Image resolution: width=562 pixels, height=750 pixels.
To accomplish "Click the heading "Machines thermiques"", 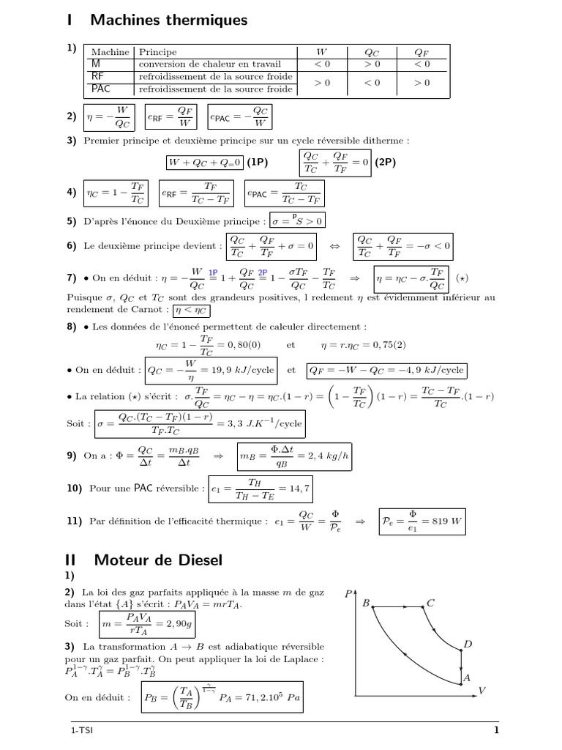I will (169, 21).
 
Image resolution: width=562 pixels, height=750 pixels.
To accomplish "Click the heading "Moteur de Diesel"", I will (156, 560).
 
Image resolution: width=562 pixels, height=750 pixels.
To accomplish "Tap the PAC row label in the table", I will (101, 89).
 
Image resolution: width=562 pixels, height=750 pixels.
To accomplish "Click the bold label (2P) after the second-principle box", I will (385, 162).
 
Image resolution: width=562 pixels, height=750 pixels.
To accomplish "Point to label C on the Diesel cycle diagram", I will (430, 604).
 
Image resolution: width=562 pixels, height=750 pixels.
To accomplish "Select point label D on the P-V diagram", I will (468, 644).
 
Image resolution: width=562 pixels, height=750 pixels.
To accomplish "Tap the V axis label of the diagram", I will (482, 690).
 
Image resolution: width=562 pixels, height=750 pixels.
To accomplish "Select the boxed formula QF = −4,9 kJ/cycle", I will (387, 370).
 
